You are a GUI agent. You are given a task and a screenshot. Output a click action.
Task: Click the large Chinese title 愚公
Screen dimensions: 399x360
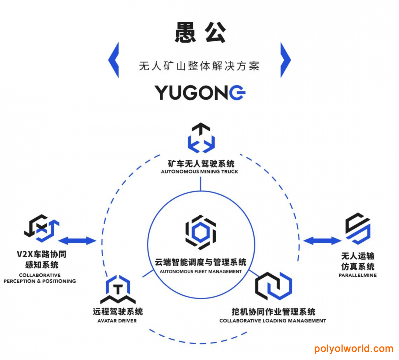[200, 33]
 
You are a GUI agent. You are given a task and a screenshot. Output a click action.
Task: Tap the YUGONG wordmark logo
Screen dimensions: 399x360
[200, 92]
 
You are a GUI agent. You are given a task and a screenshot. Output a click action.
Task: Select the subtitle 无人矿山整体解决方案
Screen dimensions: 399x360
[199, 66]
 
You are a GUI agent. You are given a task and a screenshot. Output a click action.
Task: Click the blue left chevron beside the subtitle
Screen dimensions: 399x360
[114, 60]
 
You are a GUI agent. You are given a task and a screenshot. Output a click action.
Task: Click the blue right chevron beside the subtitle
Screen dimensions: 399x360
[285, 60]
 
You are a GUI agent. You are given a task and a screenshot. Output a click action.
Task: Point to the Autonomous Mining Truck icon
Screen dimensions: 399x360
[201, 138]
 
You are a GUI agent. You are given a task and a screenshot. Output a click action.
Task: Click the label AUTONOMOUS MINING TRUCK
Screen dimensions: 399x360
[199, 172]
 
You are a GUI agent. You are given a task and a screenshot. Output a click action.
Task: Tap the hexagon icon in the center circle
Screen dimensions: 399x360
[200, 232]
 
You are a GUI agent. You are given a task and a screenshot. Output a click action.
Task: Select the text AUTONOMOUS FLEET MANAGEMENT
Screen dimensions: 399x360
[200, 272]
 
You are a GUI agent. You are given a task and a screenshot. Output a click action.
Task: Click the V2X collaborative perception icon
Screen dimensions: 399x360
[42, 228]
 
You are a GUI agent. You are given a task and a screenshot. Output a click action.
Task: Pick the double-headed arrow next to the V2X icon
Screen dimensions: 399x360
[77, 241]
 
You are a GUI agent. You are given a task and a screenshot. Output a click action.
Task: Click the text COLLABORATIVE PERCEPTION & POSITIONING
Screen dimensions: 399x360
[40, 278]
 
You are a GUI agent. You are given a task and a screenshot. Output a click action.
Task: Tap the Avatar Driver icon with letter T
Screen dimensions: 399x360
[118, 289]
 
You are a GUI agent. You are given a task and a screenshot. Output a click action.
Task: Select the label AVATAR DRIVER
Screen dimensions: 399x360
[117, 321]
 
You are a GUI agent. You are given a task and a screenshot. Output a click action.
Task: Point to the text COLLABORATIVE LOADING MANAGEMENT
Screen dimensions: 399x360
[273, 321]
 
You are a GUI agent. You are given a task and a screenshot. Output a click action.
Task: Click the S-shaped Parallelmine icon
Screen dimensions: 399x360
[358, 228]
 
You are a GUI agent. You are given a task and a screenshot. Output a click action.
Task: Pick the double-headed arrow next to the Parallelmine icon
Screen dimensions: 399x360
[322, 241]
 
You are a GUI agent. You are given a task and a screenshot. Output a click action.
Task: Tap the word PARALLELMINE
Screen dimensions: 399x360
[357, 275]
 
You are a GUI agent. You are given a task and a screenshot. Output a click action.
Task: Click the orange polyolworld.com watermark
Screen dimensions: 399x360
[354, 349]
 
